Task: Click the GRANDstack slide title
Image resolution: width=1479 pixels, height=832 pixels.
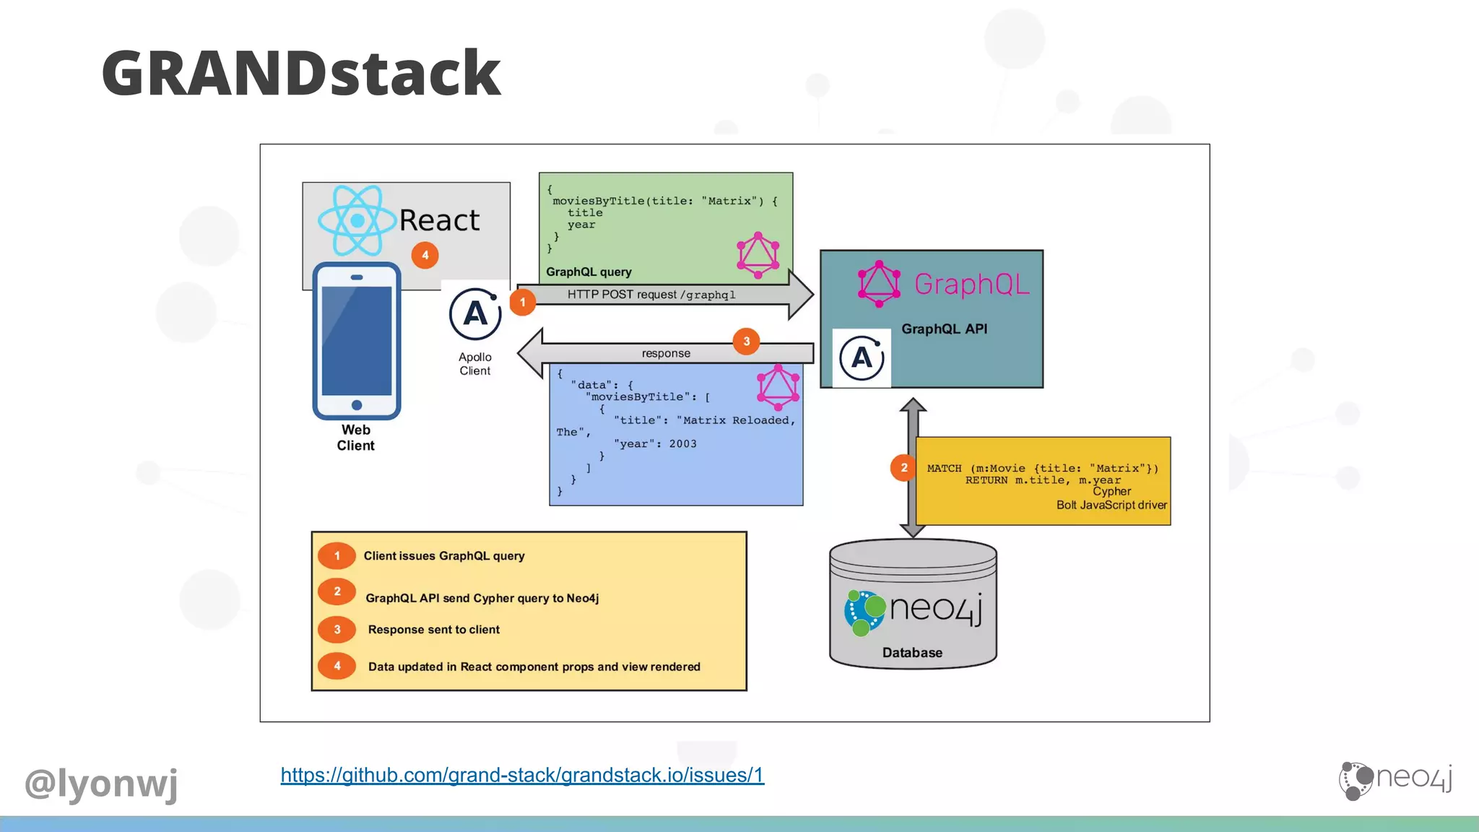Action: (x=301, y=73)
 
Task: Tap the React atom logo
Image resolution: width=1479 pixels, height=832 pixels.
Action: (x=357, y=220)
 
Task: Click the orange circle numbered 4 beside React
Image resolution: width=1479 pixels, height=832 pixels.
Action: (x=425, y=255)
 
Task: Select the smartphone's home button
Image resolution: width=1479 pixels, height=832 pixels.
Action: (x=357, y=405)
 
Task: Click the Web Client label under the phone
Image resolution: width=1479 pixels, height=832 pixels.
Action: (x=356, y=438)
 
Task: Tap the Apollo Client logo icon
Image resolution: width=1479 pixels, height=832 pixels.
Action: (x=475, y=314)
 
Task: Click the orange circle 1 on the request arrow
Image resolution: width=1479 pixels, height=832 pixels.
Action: (x=523, y=302)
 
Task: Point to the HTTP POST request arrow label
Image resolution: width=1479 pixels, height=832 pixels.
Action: (x=651, y=295)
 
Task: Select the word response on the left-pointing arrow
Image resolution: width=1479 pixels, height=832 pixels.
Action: (x=666, y=353)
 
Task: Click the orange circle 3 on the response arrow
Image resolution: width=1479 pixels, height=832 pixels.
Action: (x=746, y=341)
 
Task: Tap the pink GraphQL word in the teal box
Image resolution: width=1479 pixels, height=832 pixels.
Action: (x=972, y=284)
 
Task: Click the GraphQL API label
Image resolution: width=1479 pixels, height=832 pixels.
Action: (x=944, y=329)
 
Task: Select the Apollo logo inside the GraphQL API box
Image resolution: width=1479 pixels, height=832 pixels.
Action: (x=862, y=358)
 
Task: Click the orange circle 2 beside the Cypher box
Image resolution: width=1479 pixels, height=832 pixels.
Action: (x=903, y=468)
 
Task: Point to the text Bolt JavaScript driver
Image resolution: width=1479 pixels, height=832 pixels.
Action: (x=1111, y=506)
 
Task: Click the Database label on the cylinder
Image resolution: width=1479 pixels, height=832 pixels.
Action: (x=912, y=653)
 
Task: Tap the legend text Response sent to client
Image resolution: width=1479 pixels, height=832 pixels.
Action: (x=433, y=630)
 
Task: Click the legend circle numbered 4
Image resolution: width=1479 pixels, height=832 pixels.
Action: (x=337, y=666)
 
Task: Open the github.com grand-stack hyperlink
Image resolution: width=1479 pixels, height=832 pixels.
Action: (x=522, y=775)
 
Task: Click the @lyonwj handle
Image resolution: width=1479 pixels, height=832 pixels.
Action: (x=101, y=784)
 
